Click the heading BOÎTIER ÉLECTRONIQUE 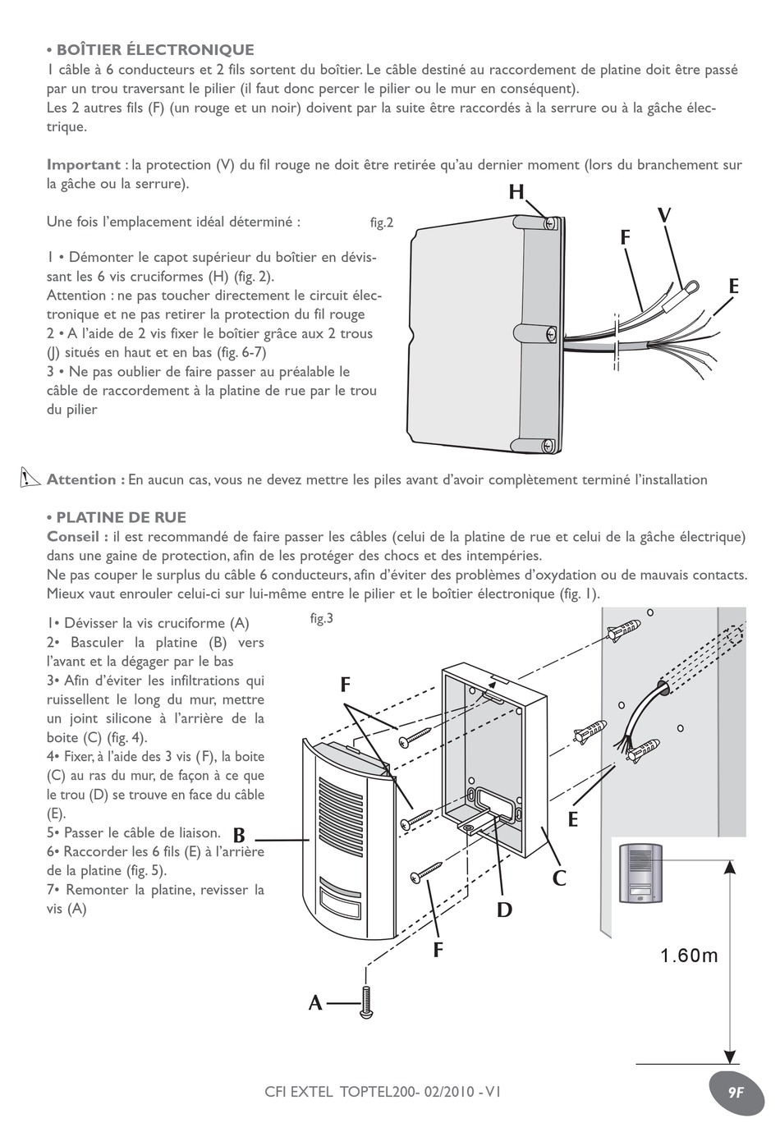pos(154,50)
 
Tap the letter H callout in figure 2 pos(516,193)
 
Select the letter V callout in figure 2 pos(664,216)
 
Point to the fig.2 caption pos(382,222)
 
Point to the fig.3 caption pos(321,618)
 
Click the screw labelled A pos(366,1002)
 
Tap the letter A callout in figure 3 pos(315,1003)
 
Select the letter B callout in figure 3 pos(239,837)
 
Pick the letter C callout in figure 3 pos(559,879)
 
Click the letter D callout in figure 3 pos(503,910)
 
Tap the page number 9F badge pos(735,1093)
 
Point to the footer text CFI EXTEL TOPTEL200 pos(383,1092)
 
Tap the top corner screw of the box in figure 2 pos(551,222)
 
